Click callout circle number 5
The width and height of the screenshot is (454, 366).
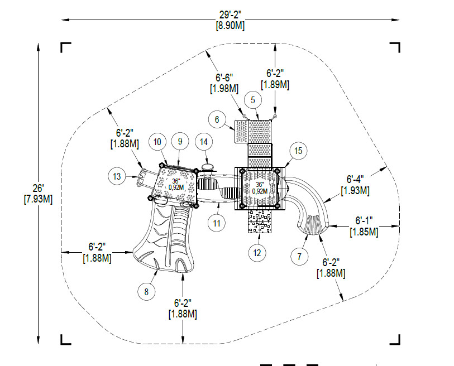pyautogui.click(x=253, y=100)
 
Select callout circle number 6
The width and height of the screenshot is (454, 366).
pyautogui.click(x=217, y=119)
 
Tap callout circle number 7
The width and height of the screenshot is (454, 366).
pyautogui.click(x=299, y=256)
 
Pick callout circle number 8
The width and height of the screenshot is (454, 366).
pyautogui.click(x=146, y=292)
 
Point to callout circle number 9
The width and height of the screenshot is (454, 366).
pyautogui.click(x=180, y=142)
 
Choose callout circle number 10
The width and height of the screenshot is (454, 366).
pyautogui.click(x=157, y=142)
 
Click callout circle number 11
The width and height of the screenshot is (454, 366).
pyautogui.click(x=217, y=223)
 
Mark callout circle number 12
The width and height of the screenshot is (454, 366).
pyautogui.click(x=257, y=253)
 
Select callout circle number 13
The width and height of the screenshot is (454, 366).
pyautogui.click(x=117, y=176)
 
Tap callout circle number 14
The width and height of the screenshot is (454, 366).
pyautogui.click(x=204, y=142)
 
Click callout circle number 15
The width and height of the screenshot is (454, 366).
pyautogui.click(x=298, y=151)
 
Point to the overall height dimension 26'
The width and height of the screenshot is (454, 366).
pyautogui.click(x=38, y=189)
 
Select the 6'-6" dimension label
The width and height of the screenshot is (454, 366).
pyautogui.click(x=224, y=78)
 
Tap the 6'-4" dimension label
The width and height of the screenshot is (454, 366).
pyautogui.click(x=355, y=179)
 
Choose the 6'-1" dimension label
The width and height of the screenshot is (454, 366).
pyautogui.click(x=364, y=220)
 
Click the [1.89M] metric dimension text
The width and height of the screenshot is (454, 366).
pyautogui.click(x=275, y=85)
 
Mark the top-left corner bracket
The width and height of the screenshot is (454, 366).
pyautogui.click(x=66, y=47)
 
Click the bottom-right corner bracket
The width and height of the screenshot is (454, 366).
pyautogui.click(x=395, y=340)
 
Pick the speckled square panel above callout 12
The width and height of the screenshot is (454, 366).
pyautogui.click(x=260, y=221)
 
